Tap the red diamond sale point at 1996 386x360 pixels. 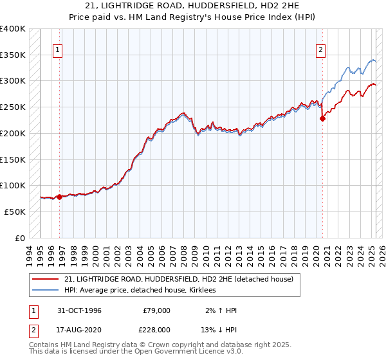59,197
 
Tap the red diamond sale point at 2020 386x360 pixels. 323,118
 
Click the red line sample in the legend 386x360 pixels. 46,279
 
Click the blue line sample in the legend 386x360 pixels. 46,291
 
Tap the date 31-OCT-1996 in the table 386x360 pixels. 79,310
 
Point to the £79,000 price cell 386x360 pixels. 156,310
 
